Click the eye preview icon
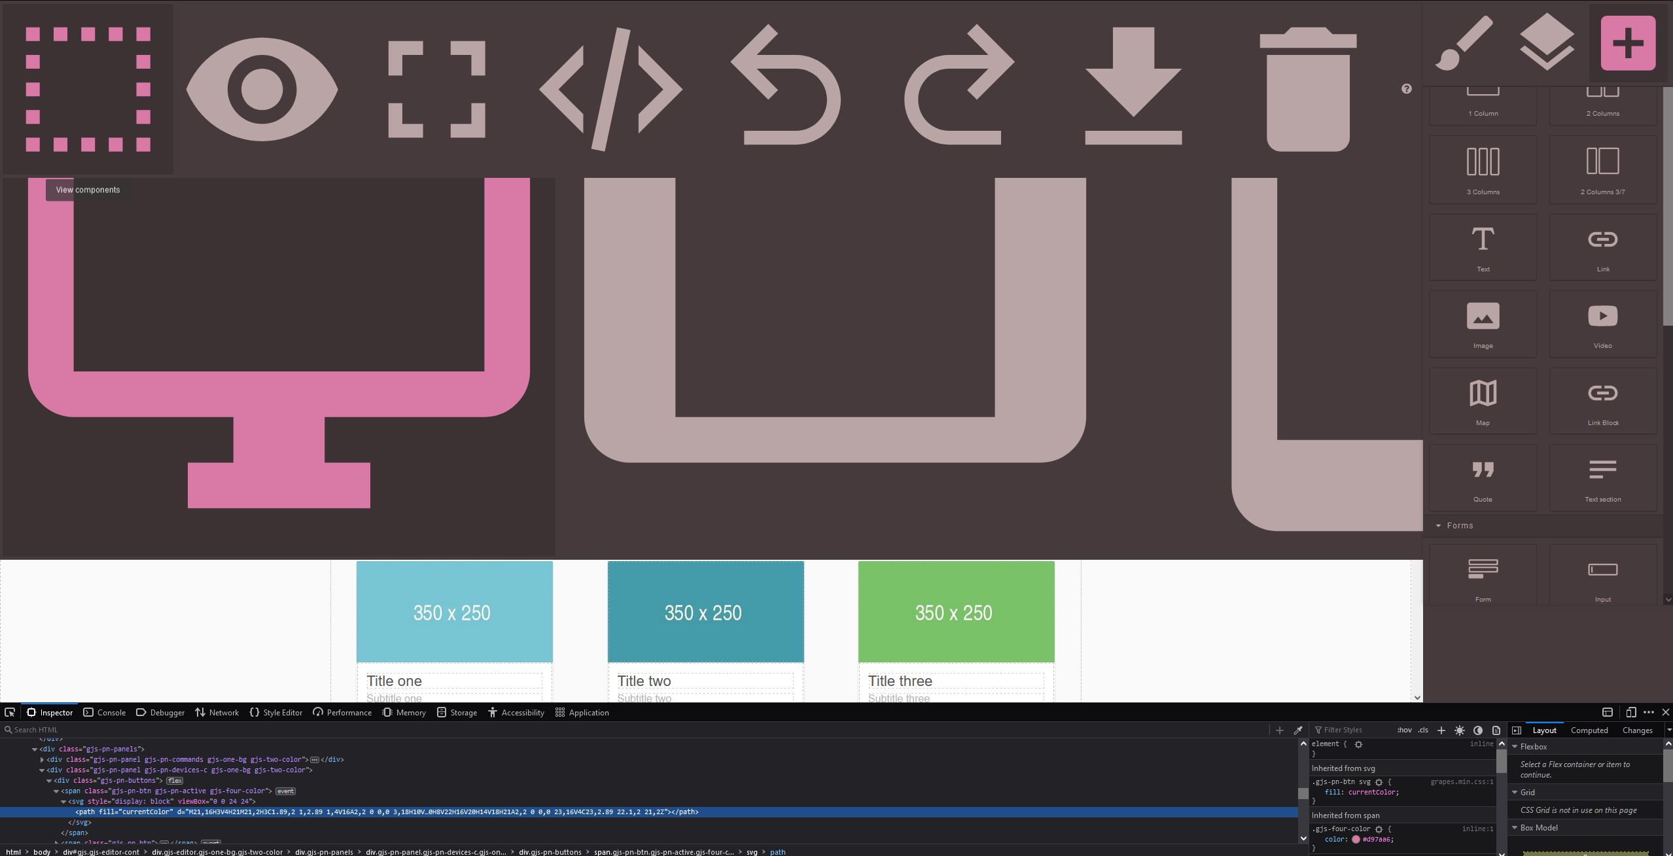pos(262,90)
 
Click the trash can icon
pos(1308,90)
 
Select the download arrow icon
pos(1133,86)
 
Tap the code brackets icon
pos(610,90)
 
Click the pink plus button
pos(1628,43)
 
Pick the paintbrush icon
pos(1464,43)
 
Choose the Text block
pos(1483,247)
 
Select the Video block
pos(1602,324)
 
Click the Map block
pos(1483,401)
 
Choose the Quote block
pos(1483,478)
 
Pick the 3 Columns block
pos(1483,169)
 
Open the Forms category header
pos(1460,526)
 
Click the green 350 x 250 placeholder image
pos(956,612)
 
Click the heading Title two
pos(644,681)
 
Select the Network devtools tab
pos(217,713)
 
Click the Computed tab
pos(1589,730)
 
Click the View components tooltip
pos(88,190)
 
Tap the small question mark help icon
pos(1407,89)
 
